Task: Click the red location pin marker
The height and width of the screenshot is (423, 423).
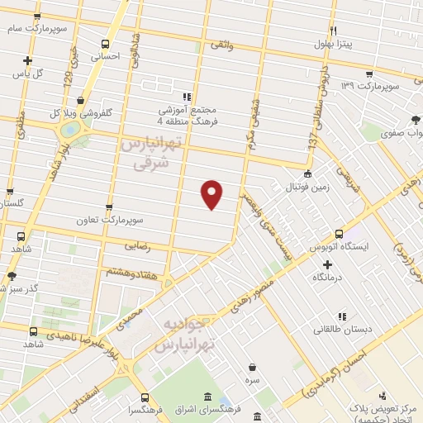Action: click(211, 193)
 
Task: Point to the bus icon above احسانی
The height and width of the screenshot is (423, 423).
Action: click(105, 45)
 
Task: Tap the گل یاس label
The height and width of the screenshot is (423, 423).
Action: click(27, 73)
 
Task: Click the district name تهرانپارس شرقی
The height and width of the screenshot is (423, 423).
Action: click(154, 154)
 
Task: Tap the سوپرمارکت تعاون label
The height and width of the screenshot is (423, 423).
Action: click(136, 221)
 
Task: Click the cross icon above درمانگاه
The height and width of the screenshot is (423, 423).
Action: click(327, 265)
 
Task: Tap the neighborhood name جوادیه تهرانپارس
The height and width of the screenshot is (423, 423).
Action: click(189, 334)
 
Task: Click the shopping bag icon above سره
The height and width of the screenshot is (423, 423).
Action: click(251, 366)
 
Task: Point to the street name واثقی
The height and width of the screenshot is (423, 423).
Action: click(221, 45)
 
